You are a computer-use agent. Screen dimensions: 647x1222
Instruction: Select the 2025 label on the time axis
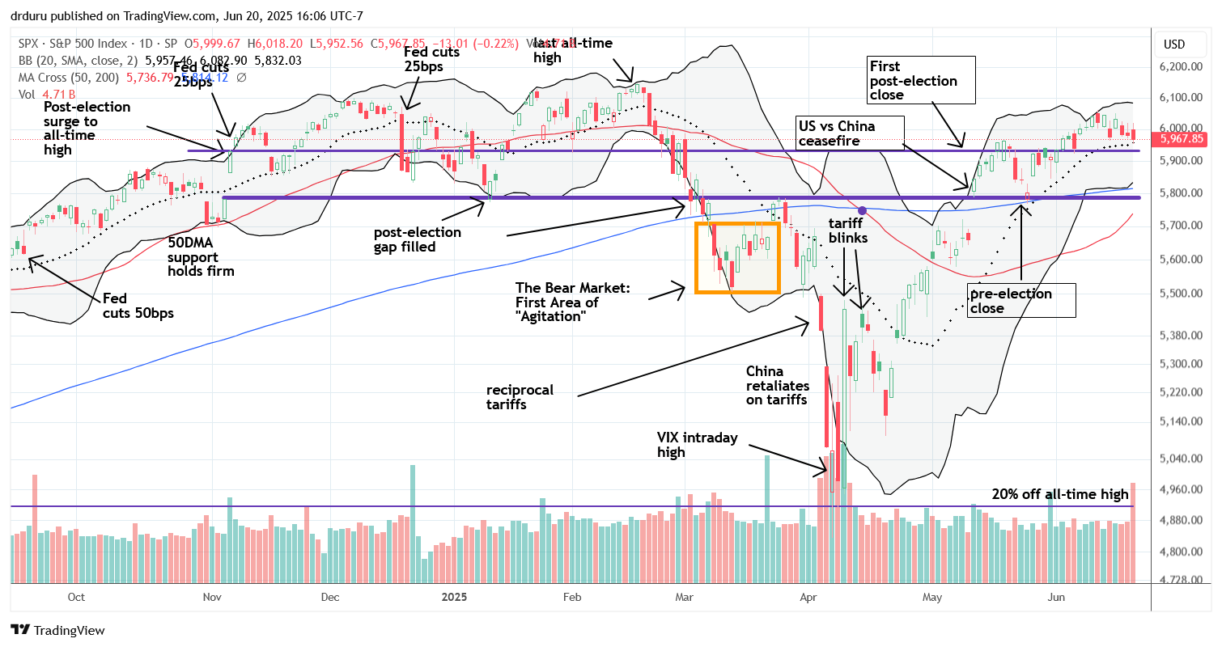tap(451, 598)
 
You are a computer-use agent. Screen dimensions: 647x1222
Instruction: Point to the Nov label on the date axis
tap(212, 598)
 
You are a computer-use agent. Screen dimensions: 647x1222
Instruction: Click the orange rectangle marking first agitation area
tap(736, 257)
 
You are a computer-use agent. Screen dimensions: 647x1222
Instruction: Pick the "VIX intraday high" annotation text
tap(698, 445)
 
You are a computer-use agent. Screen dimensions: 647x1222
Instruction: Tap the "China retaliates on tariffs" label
tap(777, 384)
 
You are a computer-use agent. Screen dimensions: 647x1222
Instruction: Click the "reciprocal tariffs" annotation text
tap(519, 396)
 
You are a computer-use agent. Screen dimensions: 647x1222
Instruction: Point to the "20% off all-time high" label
tap(1060, 495)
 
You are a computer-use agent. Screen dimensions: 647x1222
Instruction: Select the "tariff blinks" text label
tap(847, 230)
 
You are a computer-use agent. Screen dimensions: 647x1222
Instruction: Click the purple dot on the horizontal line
tap(863, 210)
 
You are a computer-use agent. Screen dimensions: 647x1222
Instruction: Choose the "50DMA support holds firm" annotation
tap(201, 257)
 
